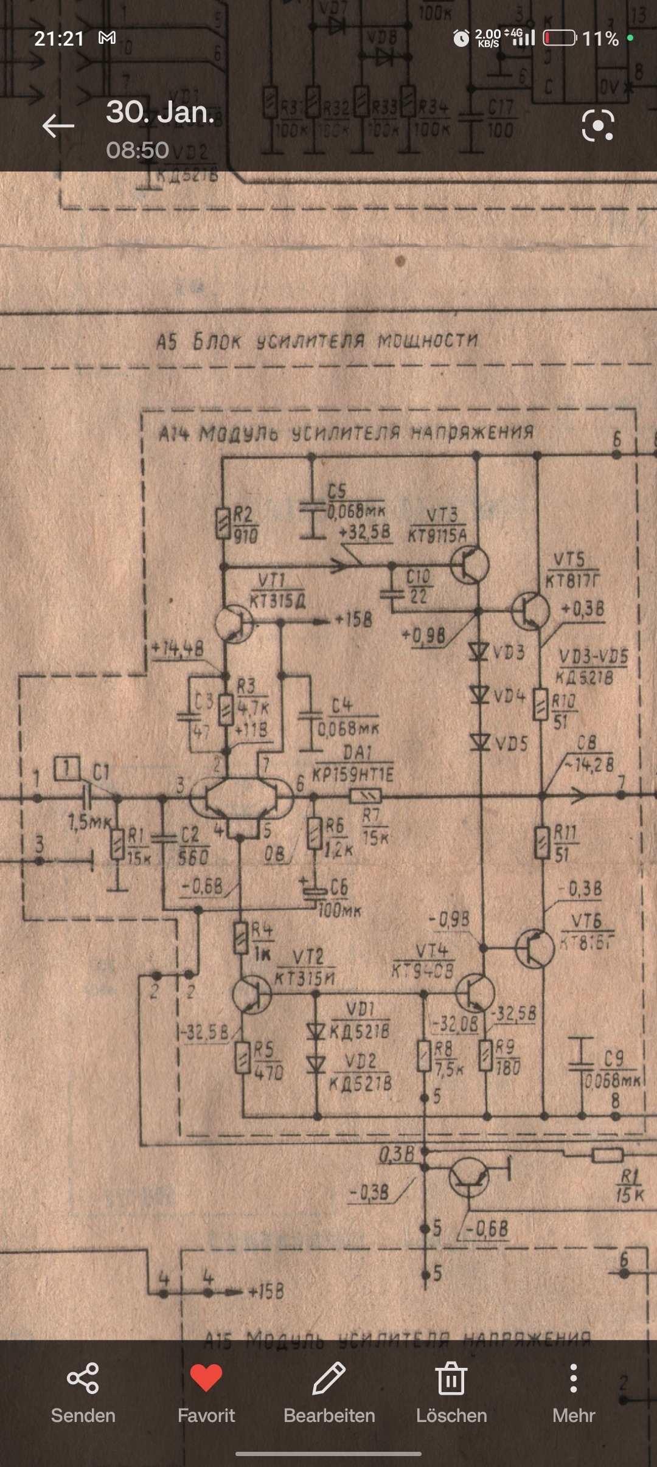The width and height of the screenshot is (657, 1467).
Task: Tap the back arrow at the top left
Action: (58, 126)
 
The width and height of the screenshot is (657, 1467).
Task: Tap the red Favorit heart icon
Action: (206, 1378)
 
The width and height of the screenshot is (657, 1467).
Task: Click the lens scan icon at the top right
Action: (598, 126)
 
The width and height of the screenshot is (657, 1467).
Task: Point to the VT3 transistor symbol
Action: (470, 564)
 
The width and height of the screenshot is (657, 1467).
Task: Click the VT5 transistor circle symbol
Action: (530, 611)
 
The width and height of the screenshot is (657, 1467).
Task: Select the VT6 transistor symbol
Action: (534, 948)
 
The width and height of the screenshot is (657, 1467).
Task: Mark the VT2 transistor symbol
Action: (252, 995)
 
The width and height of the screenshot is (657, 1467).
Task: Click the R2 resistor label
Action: (244, 515)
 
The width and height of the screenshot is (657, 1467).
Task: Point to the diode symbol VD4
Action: (480, 694)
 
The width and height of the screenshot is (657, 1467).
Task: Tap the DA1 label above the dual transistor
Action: (357, 752)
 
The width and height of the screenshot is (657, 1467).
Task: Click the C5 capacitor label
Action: (337, 491)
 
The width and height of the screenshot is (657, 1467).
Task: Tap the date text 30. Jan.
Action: (160, 113)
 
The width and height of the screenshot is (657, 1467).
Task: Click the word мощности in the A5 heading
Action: (428, 341)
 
